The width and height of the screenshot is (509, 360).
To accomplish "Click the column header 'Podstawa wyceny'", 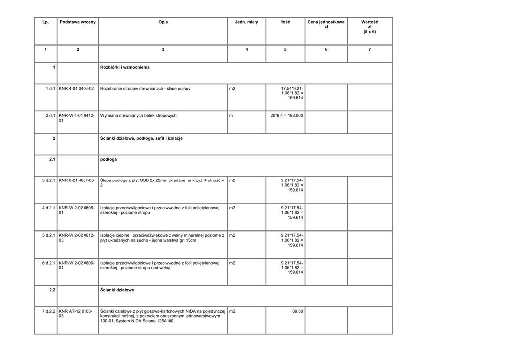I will pyautogui.click(x=78, y=22).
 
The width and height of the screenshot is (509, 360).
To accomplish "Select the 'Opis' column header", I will pyautogui.click(x=163, y=22).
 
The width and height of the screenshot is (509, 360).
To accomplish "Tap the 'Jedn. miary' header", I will pyautogui.click(x=247, y=22).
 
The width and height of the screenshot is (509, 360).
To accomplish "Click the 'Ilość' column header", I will pyautogui.click(x=285, y=22).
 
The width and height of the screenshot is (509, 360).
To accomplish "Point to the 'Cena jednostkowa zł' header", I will pyautogui.click(x=326, y=25).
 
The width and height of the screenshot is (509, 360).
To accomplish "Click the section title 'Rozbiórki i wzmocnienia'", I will pyautogui.click(x=125, y=67).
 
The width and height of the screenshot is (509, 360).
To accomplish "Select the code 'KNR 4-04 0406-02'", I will pyautogui.click(x=77, y=89).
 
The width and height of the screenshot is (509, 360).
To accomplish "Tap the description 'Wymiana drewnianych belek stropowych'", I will pyautogui.click(x=139, y=116).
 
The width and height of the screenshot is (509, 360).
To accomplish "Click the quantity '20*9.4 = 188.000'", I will pyautogui.click(x=287, y=116).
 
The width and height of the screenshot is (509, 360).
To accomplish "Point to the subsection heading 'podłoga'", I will pyautogui.click(x=108, y=160).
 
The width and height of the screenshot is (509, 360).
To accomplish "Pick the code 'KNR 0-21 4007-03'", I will pyautogui.click(x=77, y=180).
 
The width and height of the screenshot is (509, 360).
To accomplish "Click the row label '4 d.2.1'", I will pyautogui.click(x=48, y=208).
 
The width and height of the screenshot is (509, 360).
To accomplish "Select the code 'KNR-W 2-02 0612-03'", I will pyautogui.click(x=77, y=238).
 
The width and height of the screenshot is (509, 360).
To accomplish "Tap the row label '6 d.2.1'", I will pyautogui.click(x=48, y=263).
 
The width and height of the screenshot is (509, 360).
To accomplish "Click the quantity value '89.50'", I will pyautogui.click(x=297, y=311).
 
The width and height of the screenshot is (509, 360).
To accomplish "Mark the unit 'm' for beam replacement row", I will pyautogui.click(x=231, y=116).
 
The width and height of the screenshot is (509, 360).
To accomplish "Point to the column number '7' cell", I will pyautogui.click(x=369, y=49).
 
